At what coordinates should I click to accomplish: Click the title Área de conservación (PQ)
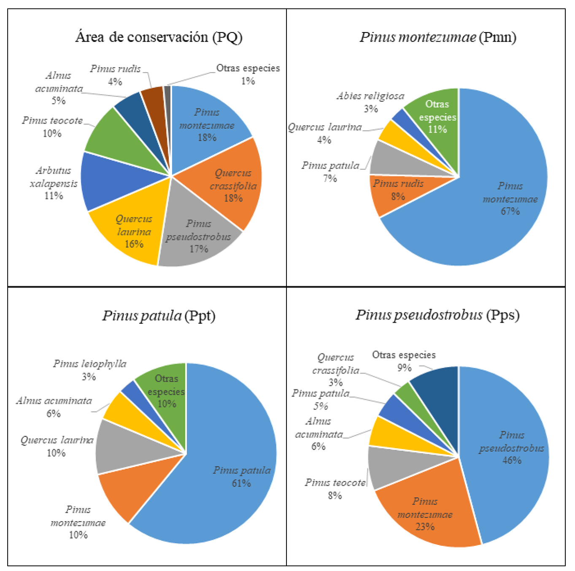point(159,37)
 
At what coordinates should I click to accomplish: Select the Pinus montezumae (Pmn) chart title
point(438,37)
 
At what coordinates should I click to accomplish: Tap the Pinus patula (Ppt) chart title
point(159,315)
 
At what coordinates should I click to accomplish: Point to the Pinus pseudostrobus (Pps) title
point(437,315)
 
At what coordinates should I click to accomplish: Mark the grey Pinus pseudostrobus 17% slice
point(198,236)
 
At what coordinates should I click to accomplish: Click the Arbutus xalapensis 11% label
point(54,183)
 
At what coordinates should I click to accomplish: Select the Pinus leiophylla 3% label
point(89,370)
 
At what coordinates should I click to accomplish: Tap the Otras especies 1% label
point(248,74)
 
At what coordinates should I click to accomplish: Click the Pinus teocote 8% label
point(335,489)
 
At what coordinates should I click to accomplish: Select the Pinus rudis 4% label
point(115,75)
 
